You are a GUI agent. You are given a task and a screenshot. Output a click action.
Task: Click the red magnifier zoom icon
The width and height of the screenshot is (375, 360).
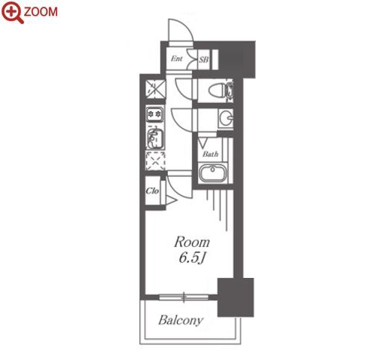(12, 12)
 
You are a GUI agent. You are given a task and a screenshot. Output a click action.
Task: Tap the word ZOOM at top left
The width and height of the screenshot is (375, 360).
(41, 11)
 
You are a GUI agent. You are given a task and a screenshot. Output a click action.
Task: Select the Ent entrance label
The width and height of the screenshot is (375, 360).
(177, 59)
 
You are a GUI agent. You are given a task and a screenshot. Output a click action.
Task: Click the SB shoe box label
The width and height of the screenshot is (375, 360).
(204, 59)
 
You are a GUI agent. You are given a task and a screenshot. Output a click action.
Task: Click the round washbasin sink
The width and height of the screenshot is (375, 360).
(226, 117)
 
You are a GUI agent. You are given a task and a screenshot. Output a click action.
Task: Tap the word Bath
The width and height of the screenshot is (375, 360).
(210, 154)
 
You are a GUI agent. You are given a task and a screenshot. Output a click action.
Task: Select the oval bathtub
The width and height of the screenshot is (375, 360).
(213, 172)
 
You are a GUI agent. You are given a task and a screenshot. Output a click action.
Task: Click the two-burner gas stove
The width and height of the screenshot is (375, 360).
(155, 114)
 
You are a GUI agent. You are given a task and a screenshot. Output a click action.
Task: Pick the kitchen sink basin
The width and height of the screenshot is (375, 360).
(155, 138)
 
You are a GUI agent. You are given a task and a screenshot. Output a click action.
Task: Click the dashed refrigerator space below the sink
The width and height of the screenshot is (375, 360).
(155, 161)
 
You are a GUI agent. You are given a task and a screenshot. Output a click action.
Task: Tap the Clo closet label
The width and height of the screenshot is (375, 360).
(152, 191)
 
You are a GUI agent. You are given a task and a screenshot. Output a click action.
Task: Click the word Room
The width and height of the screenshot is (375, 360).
(192, 243)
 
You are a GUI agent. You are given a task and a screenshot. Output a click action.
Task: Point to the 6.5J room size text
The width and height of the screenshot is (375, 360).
(191, 258)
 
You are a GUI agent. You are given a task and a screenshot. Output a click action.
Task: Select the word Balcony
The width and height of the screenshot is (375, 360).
(181, 320)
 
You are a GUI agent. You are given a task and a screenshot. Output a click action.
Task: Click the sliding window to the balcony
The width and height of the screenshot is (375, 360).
(184, 297)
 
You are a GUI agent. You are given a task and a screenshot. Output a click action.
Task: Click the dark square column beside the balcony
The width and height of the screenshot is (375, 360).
(236, 297)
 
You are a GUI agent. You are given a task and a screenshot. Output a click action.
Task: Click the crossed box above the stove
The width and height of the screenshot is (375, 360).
(156, 89)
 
